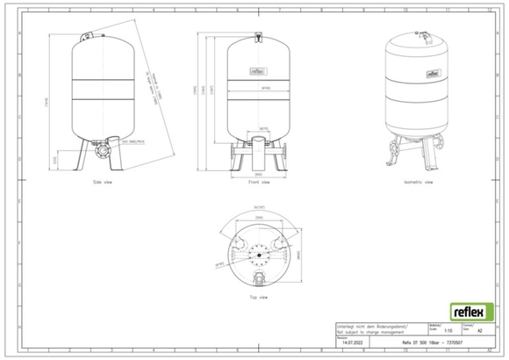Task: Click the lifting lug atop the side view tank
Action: (85, 32)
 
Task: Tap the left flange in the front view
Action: (231, 153)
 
